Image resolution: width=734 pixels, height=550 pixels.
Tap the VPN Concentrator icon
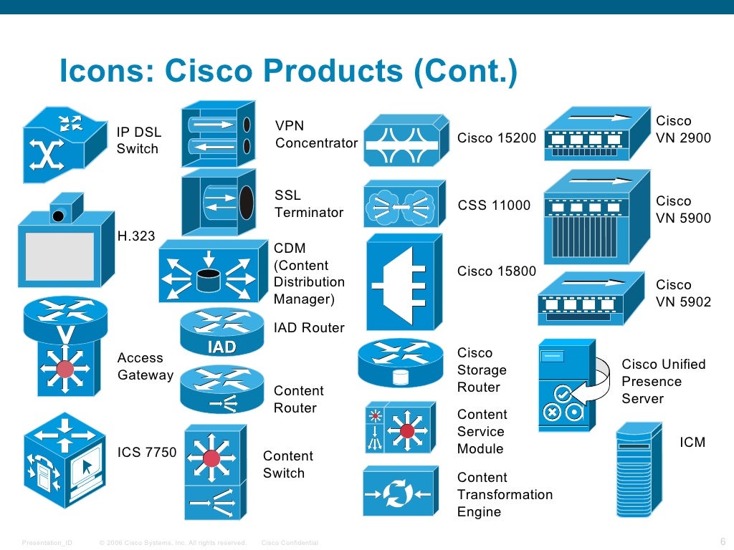(x=219, y=134)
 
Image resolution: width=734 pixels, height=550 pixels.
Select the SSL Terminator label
(x=309, y=204)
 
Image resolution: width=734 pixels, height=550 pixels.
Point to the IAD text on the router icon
(x=221, y=347)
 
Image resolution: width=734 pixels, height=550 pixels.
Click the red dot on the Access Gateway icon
(x=65, y=370)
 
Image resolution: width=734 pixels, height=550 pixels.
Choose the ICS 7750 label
(x=147, y=452)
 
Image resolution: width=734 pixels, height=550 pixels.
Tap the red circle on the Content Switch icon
(x=211, y=458)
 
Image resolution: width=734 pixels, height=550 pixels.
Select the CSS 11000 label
(x=494, y=206)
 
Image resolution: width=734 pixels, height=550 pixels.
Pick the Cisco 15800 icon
(x=400, y=281)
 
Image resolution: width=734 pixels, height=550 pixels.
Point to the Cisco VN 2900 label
(x=683, y=130)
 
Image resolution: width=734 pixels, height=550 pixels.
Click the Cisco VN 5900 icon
(x=596, y=218)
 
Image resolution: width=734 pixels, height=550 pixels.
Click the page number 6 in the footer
(x=722, y=541)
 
